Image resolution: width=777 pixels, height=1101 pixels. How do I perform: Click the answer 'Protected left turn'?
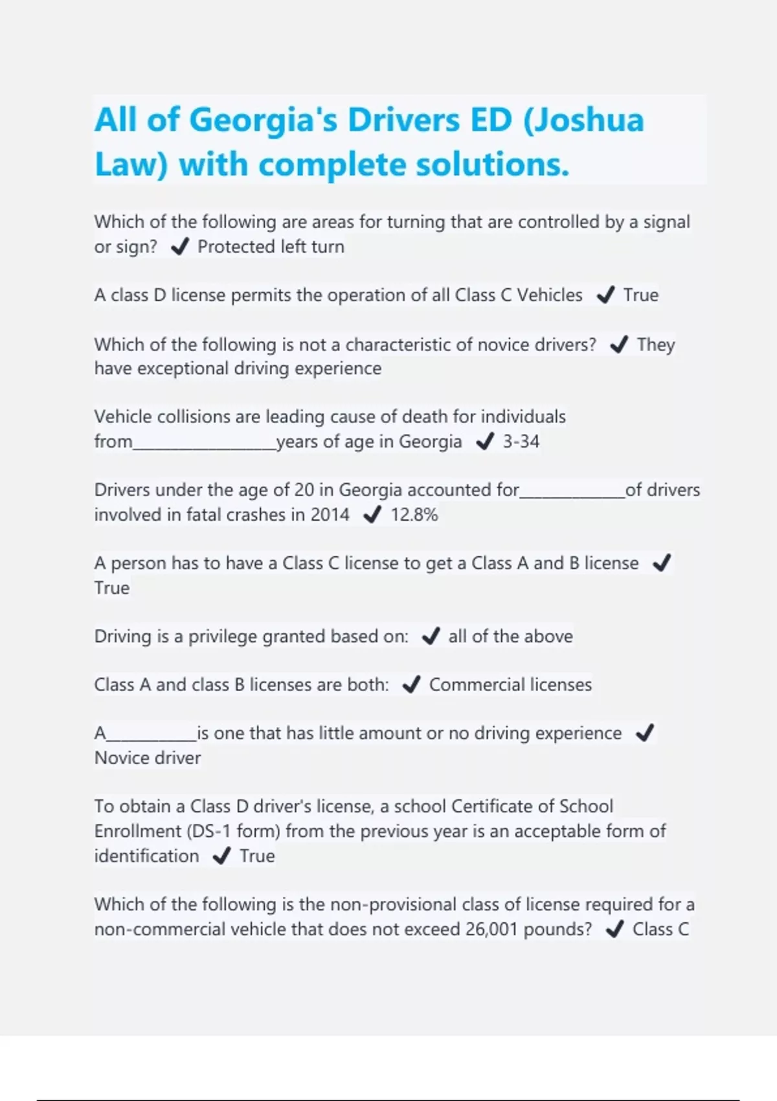tap(271, 247)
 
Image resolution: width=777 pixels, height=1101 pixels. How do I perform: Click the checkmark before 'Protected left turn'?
tap(179, 247)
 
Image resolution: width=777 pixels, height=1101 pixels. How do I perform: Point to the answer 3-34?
tap(521, 442)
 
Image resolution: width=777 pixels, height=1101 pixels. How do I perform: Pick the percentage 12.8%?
tap(414, 515)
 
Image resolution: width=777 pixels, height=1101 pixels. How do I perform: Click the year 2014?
tap(330, 515)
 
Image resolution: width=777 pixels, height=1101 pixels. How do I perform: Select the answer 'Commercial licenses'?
tap(510, 685)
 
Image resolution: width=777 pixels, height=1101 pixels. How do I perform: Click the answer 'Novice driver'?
tap(148, 758)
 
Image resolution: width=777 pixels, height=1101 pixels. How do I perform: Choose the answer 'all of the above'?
tap(510, 636)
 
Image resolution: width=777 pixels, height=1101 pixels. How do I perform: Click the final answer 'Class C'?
tap(660, 929)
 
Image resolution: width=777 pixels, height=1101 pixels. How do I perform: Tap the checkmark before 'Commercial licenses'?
tap(411, 685)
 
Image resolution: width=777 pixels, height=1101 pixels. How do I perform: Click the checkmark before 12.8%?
tap(372, 515)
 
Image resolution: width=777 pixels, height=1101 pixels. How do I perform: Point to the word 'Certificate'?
tap(493, 806)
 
